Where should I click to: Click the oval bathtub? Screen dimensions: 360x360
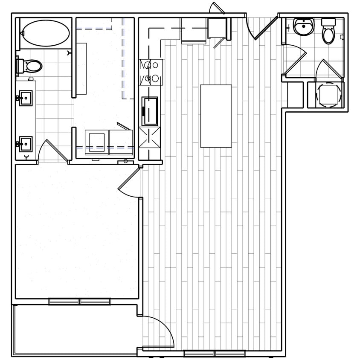coord(46,32)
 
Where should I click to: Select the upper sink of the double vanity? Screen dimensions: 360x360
coord(25,98)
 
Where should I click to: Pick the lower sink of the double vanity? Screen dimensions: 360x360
coord(25,144)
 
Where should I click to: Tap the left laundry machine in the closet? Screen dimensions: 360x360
coord(96,141)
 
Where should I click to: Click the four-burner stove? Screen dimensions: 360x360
coord(150,71)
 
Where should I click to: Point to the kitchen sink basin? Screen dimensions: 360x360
coord(150,111)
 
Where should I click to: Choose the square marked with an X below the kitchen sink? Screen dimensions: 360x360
coord(150,137)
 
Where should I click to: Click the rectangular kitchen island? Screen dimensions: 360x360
coord(216,116)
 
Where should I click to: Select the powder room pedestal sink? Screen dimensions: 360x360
coord(303,27)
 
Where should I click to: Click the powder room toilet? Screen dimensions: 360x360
coord(328,32)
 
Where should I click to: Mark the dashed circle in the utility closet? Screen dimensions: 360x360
coord(329,95)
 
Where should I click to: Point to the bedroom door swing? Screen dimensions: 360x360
coord(129,183)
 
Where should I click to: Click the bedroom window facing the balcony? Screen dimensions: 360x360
coord(79,302)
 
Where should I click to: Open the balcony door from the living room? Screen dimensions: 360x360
coord(158,333)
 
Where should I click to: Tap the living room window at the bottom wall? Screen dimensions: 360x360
coord(214,353)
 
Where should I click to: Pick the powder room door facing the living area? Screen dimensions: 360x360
coord(296,63)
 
